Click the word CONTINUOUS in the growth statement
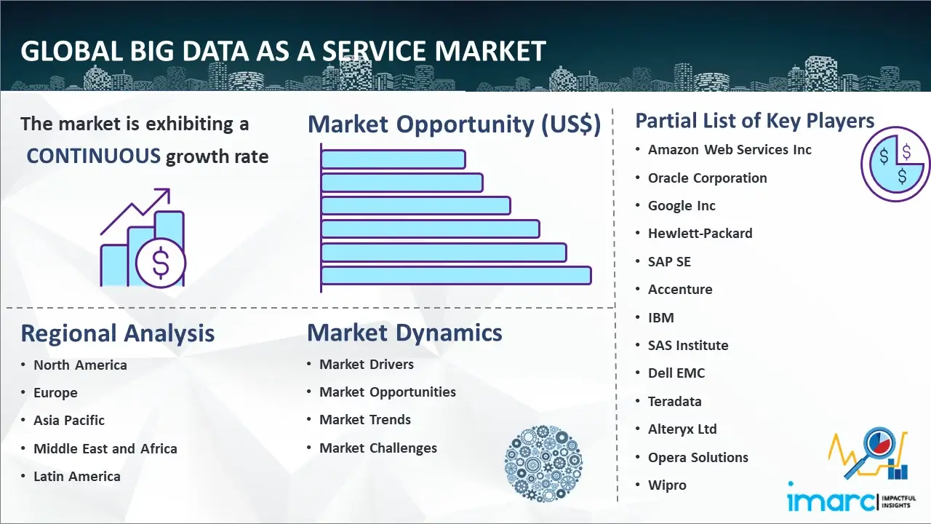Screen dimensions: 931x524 click(93, 156)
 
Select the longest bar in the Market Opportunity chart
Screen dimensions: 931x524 click(456, 276)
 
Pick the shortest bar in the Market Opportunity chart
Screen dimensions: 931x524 click(393, 159)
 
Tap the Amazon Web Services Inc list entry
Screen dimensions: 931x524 click(730, 150)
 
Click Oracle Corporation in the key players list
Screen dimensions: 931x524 click(708, 178)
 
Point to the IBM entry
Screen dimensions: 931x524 click(661, 318)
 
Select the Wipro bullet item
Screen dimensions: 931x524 click(667, 485)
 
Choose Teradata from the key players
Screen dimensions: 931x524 click(674, 401)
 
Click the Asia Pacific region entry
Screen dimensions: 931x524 click(69, 421)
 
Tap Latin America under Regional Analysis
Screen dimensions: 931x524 click(77, 476)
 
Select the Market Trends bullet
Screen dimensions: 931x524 click(365, 420)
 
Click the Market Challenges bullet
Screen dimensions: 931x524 click(378, 448)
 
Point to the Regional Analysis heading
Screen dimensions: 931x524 click(118, 333)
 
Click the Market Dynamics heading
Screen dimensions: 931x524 click(404, 333)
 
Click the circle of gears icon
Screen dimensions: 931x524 click(543, 464)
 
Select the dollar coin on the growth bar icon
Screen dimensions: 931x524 click(161, 263)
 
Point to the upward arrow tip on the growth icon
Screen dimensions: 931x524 click(169, 189)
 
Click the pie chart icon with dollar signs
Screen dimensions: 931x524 click(895, 164)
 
